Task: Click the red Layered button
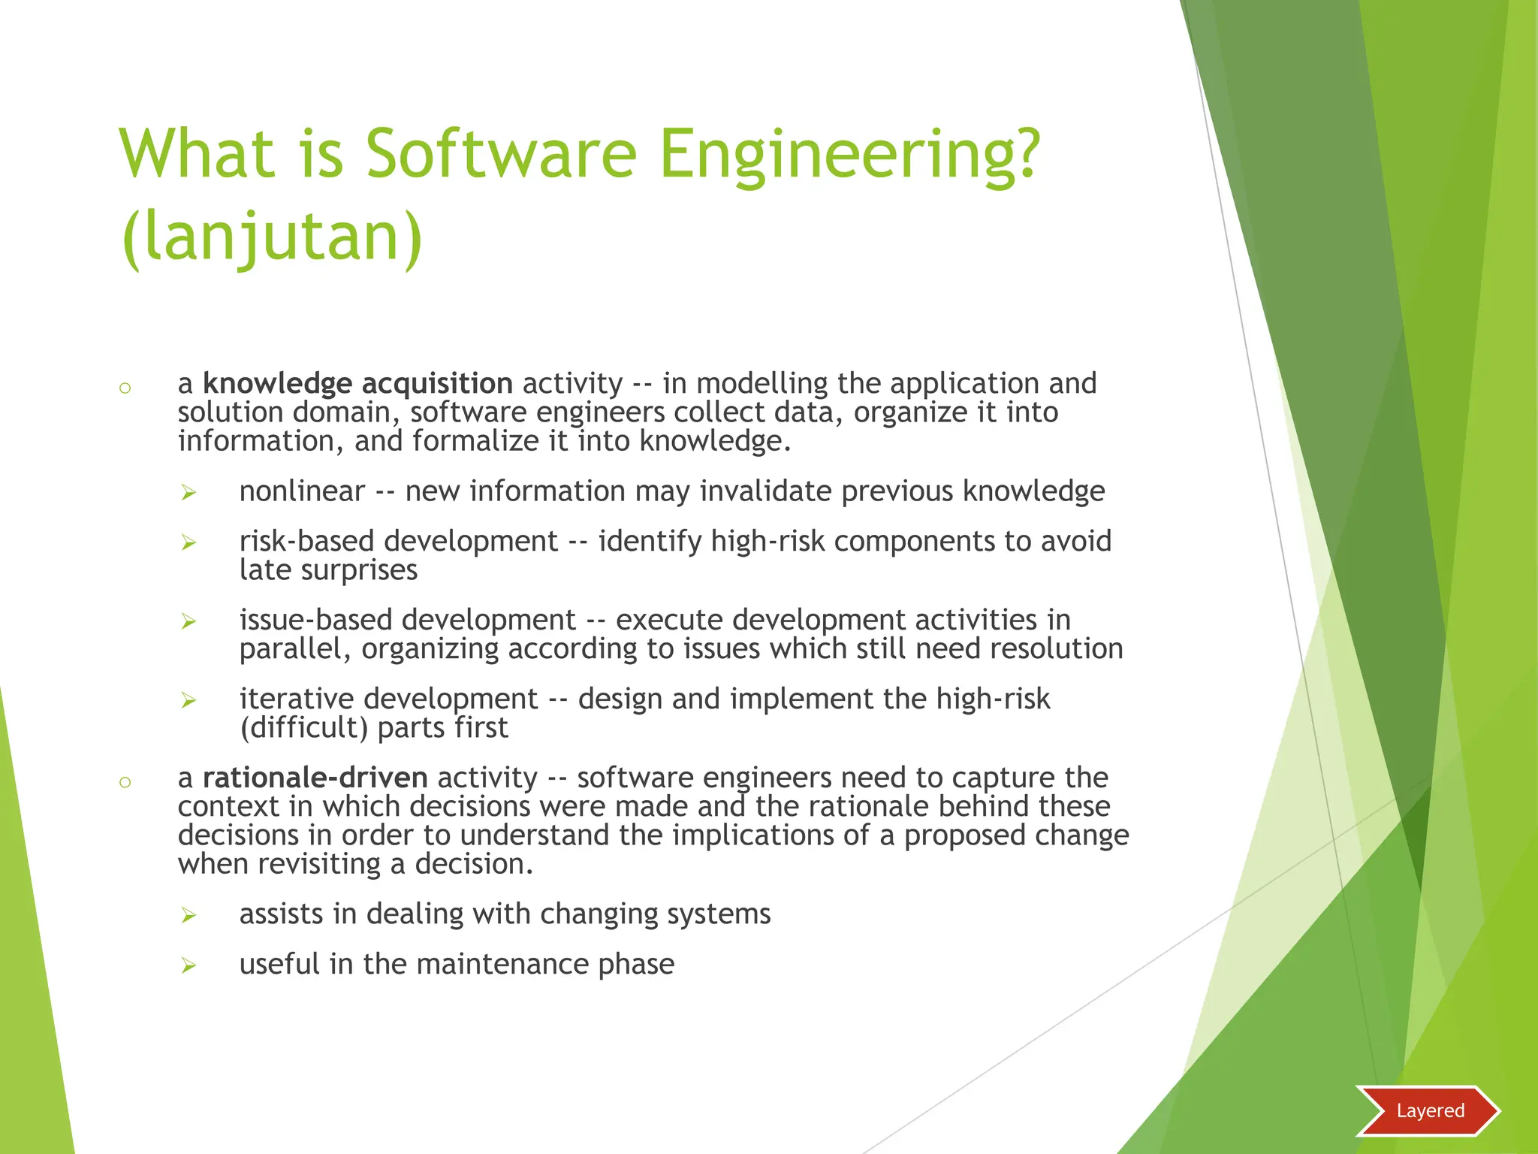pyautogui.click(x=1428, y=1110)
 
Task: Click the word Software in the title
pyautogui.click(x=501, y=154)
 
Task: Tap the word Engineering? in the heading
pyautogui.click(x=849, y=154)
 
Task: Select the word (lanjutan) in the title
pyautogui.click(x=272, y=237)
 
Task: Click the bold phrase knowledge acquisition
pyautogui.click(x=357, y=384)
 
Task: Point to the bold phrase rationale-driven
pyautogui.click(x=315, y=778)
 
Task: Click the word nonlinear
pyautogui.click(x=302, y=491)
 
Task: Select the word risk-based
pyautogui.click(x=307, y=541)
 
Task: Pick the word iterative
pyautogui.click(x=297, y=699)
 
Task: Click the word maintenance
pyautogui.click(x=502, y=964)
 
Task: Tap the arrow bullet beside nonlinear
pyautogui.click(x=188, y=493)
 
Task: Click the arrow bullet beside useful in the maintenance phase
pyautogui.click(x=188, y=965)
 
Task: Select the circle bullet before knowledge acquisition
pyautogui.click(x=125, y=388)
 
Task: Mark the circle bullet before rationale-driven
pyautogui.click(x=125, y=782)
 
